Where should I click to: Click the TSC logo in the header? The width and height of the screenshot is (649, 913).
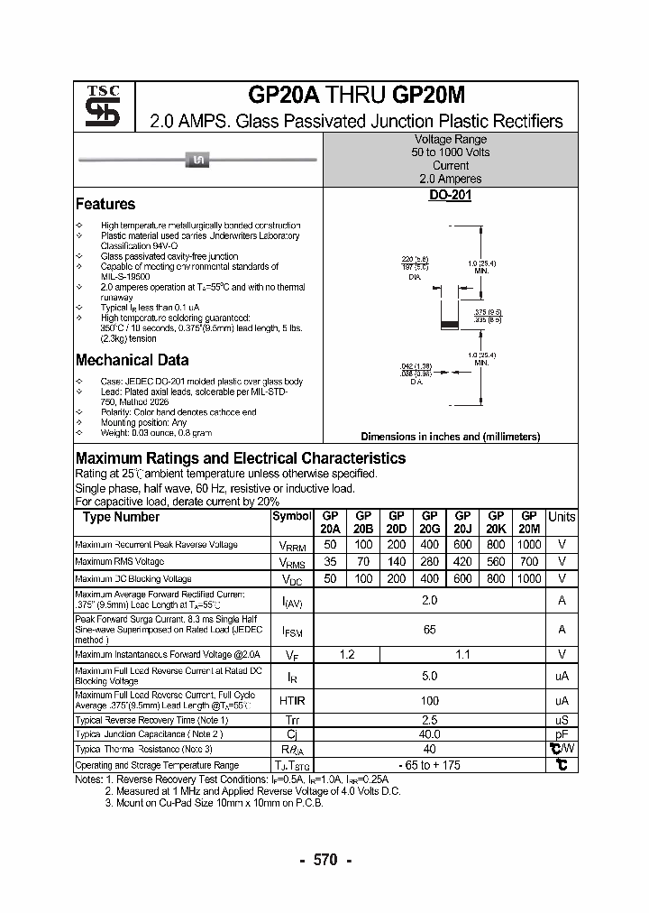click(x=96, y=106)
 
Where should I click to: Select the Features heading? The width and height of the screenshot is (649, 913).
click(x=105, y=204)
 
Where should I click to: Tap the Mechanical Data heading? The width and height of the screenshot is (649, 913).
click(x=132, y=360)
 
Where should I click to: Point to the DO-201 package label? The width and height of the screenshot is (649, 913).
click(x=450, y=195)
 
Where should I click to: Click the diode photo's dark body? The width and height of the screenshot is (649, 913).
click(x=197, y=161)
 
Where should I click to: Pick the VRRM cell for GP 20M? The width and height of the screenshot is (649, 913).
click(x=529, y=545)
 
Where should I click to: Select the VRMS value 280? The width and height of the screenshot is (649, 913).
click(x=429, y=561)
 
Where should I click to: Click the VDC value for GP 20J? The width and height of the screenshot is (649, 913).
click(x=462, y=578)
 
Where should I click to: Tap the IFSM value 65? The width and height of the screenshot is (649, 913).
click(x=430, y=630)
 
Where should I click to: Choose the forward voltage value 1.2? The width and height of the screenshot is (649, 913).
click(x=347, y=655)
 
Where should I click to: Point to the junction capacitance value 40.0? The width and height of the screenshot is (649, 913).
click(x=430, y=734)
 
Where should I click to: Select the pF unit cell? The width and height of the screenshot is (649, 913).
click(x=562, y=734)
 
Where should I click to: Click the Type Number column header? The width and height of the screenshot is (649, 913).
click(x=121, y=517)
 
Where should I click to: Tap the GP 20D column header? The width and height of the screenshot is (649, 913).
click(x=397, y=522)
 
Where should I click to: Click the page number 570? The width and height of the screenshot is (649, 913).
click(x=324, y=860)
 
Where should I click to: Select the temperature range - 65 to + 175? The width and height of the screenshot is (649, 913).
click(x=430, y=765)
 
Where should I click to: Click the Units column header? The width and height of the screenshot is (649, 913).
click(x=562, y=517)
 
